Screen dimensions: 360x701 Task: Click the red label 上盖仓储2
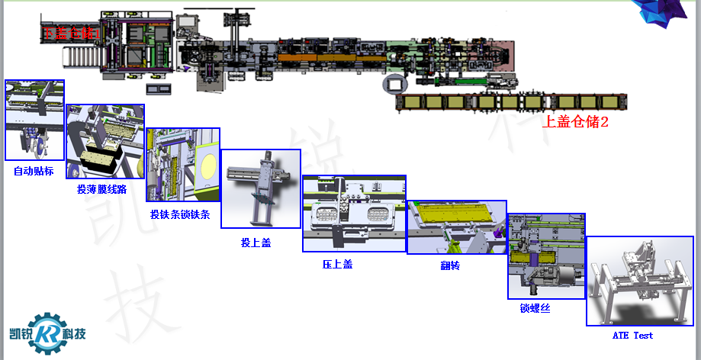[x=574, y=121]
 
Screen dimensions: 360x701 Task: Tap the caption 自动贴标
[x=34, y=171]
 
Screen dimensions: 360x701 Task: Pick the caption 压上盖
[x=337, y=264]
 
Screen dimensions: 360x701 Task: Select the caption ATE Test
[x=632, y=335]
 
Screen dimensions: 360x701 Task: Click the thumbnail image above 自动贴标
[x=34, y=121]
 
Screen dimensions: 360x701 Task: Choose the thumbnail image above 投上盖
[x=260, y=188]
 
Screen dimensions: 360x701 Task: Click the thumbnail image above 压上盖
[x=354, y=214]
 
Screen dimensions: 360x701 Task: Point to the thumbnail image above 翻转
[x=456, y=227]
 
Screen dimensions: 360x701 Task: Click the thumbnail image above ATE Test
[x=639, y=281]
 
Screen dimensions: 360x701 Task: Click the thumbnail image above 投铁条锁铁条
[x=182, y=165]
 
